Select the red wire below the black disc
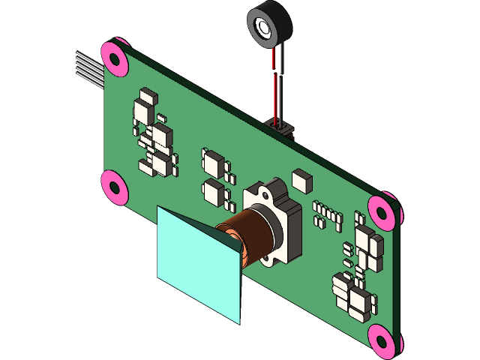[275, 82]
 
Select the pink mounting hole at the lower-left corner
[114, 187]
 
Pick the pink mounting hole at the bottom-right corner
[382, 341]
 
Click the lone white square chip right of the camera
[301, 180]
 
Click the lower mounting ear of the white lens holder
[268, 259]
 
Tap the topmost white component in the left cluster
[148, 95]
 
